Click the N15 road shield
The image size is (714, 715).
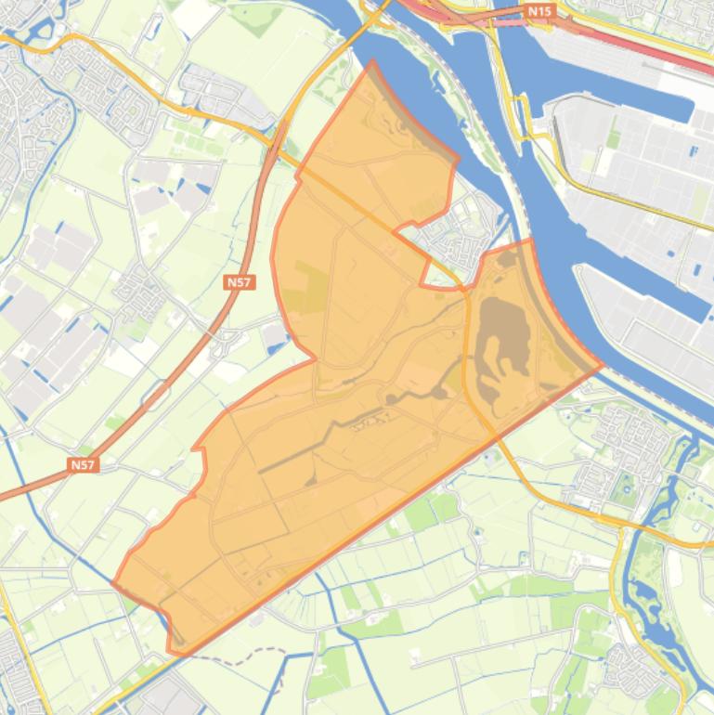pos(539,11)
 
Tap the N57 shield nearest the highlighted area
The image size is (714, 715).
pos(239,281)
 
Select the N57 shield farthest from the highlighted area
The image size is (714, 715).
pos(84,464)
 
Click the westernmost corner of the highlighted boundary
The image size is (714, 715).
pos(113,584)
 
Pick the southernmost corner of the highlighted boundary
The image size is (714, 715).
pos(173,651)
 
